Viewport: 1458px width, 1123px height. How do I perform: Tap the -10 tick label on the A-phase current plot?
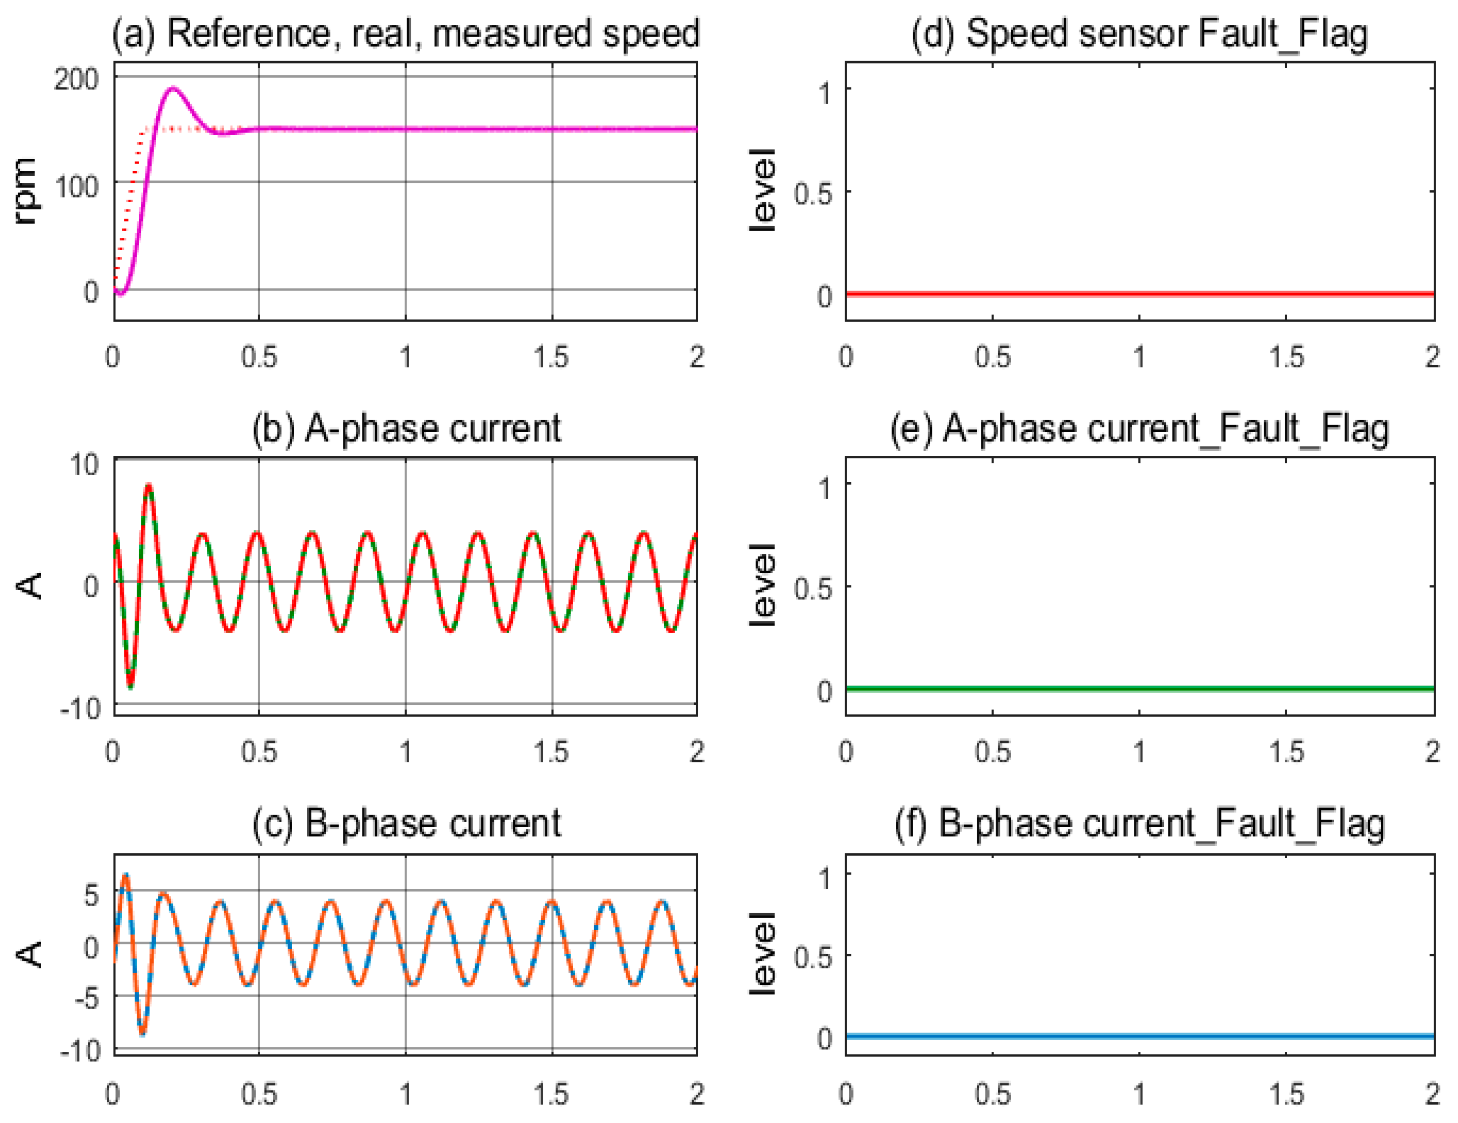click(80, 708)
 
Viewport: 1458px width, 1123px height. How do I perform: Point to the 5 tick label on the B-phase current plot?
click(91, 895)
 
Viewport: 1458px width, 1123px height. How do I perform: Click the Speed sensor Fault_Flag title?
click(1139, 34)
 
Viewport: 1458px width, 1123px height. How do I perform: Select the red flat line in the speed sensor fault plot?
click(1139, 294)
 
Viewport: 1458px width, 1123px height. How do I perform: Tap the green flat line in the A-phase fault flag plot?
click(1139, 689)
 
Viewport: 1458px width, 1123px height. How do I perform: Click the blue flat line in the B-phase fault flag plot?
click(1139, 1036)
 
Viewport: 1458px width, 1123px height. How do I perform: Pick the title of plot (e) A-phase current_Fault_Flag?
click(1139, 429)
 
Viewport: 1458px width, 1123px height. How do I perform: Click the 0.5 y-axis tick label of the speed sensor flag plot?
click(813, 194)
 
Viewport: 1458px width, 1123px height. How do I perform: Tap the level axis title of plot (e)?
click(762, 585)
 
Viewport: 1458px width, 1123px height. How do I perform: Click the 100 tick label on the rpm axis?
click(76, 187)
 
